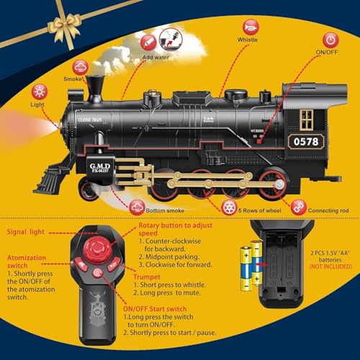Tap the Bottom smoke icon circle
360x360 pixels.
pos(137,207)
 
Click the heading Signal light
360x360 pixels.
pos(28,232)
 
